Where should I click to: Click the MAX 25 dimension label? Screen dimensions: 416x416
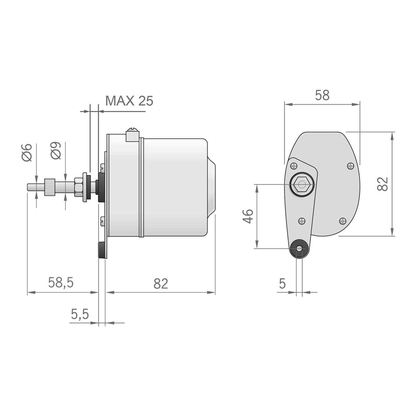pos(129,101)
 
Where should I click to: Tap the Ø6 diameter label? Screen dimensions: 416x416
pos(27,153)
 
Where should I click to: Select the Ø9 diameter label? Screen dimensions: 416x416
pos(56,151)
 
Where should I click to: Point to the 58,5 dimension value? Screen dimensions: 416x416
pos(61,283)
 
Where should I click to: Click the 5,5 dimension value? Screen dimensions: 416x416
pos(80,314)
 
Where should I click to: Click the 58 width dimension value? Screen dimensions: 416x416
pos(322,95)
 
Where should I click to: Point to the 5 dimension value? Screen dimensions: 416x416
pos(282,284)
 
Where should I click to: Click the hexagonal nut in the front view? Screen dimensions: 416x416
pos(302,184)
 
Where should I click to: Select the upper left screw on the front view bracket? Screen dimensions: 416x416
pos(294,166)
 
